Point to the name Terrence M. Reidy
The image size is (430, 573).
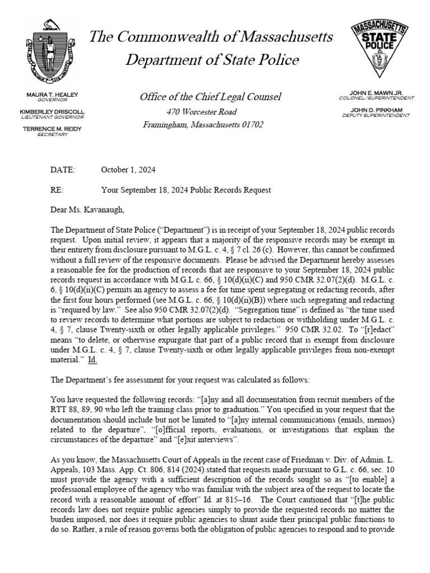coord(52,129)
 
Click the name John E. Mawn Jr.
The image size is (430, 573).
coord(381,92)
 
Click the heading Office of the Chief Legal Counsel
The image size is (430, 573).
coord(211,97)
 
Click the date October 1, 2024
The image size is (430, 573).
coord(128,170)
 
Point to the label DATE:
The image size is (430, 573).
coord(62,170)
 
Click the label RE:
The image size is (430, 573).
coord(57,190)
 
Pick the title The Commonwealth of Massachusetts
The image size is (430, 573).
coord(211,37)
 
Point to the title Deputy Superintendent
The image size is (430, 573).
coord(376,115)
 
